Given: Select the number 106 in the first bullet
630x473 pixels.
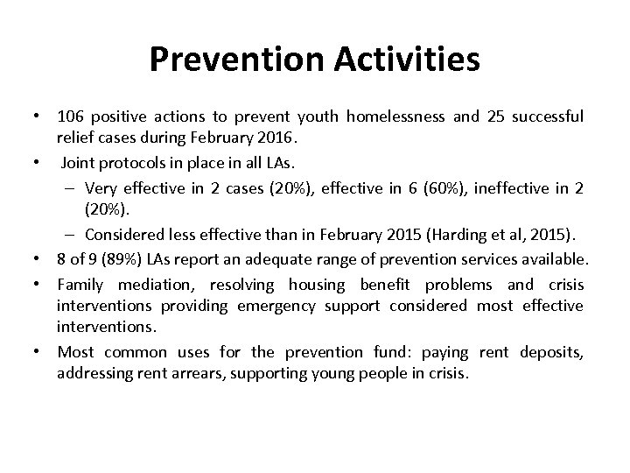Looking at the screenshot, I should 70,116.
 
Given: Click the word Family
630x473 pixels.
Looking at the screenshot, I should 80,285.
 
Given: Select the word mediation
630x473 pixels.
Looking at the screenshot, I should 150,285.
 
